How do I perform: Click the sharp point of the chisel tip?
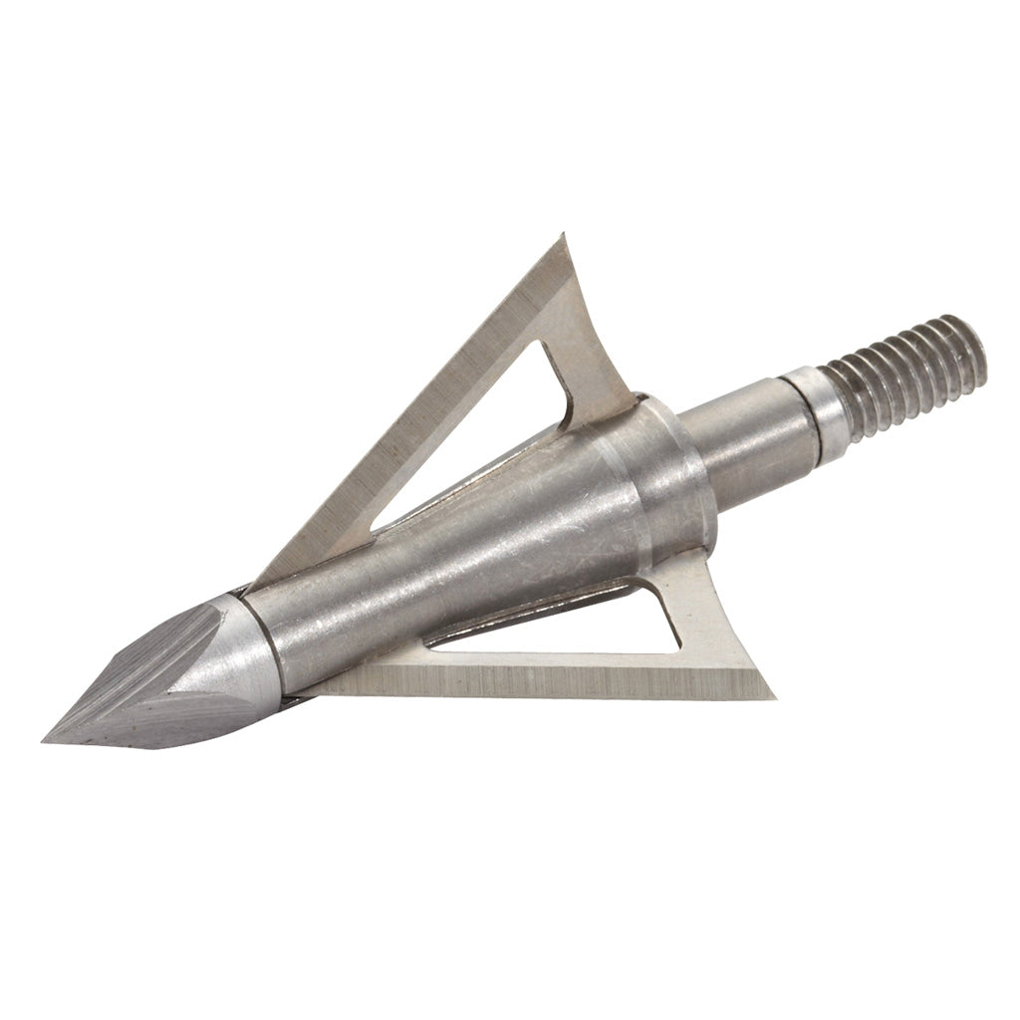[47, 740]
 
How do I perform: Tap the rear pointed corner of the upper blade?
[564, 236]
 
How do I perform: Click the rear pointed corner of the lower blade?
[775, 695]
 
